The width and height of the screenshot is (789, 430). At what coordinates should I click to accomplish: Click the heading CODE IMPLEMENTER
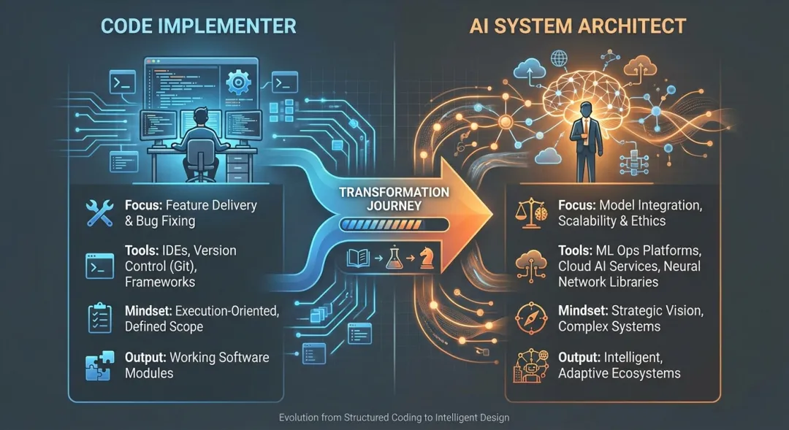(198, 26)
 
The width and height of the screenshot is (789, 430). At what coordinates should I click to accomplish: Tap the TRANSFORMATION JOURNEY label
(394, 199)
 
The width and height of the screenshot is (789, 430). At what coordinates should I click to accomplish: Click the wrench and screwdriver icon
(100, 212)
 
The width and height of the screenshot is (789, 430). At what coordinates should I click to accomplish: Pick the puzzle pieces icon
(100, 364)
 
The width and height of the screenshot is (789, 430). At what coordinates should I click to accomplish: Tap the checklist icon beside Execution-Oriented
(100, 318)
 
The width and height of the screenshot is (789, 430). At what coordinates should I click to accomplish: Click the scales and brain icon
(531, 212)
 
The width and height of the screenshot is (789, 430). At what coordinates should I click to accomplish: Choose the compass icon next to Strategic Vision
(531, 317)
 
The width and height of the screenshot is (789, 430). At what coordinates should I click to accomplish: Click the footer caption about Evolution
(394, 418)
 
